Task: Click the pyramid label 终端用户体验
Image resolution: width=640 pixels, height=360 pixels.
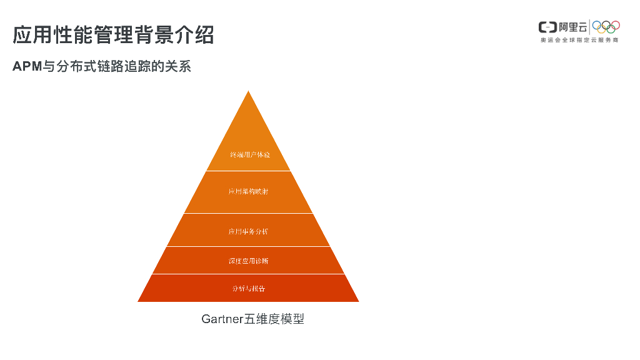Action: pos(249,154)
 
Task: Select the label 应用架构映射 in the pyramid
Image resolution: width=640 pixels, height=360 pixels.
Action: pos(248,192)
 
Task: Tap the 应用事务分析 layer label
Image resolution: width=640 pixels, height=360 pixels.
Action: pos(248,231)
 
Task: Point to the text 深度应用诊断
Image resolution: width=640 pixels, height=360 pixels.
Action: pos(248,261)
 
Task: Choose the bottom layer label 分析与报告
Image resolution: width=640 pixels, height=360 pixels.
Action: pos(248,289)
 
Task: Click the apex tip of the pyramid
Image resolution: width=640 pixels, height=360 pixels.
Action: pos(249,92)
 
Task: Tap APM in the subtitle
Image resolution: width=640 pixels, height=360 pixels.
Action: pos(27,66)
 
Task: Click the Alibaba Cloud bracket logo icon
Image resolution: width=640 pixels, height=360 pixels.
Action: pos(547,27)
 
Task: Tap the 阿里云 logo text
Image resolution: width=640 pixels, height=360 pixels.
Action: pos(572,27)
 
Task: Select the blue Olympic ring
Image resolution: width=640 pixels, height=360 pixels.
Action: pos(596,25)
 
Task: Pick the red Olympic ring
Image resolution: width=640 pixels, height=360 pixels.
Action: pos(616,25)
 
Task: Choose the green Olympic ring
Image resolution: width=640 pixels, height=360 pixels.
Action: pos(611,29)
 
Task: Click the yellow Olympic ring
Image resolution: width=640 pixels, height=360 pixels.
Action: pos(601,29)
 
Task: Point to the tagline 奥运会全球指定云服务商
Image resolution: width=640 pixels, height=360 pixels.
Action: pos(579,41)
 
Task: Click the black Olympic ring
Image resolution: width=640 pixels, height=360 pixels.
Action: pos(606,25)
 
